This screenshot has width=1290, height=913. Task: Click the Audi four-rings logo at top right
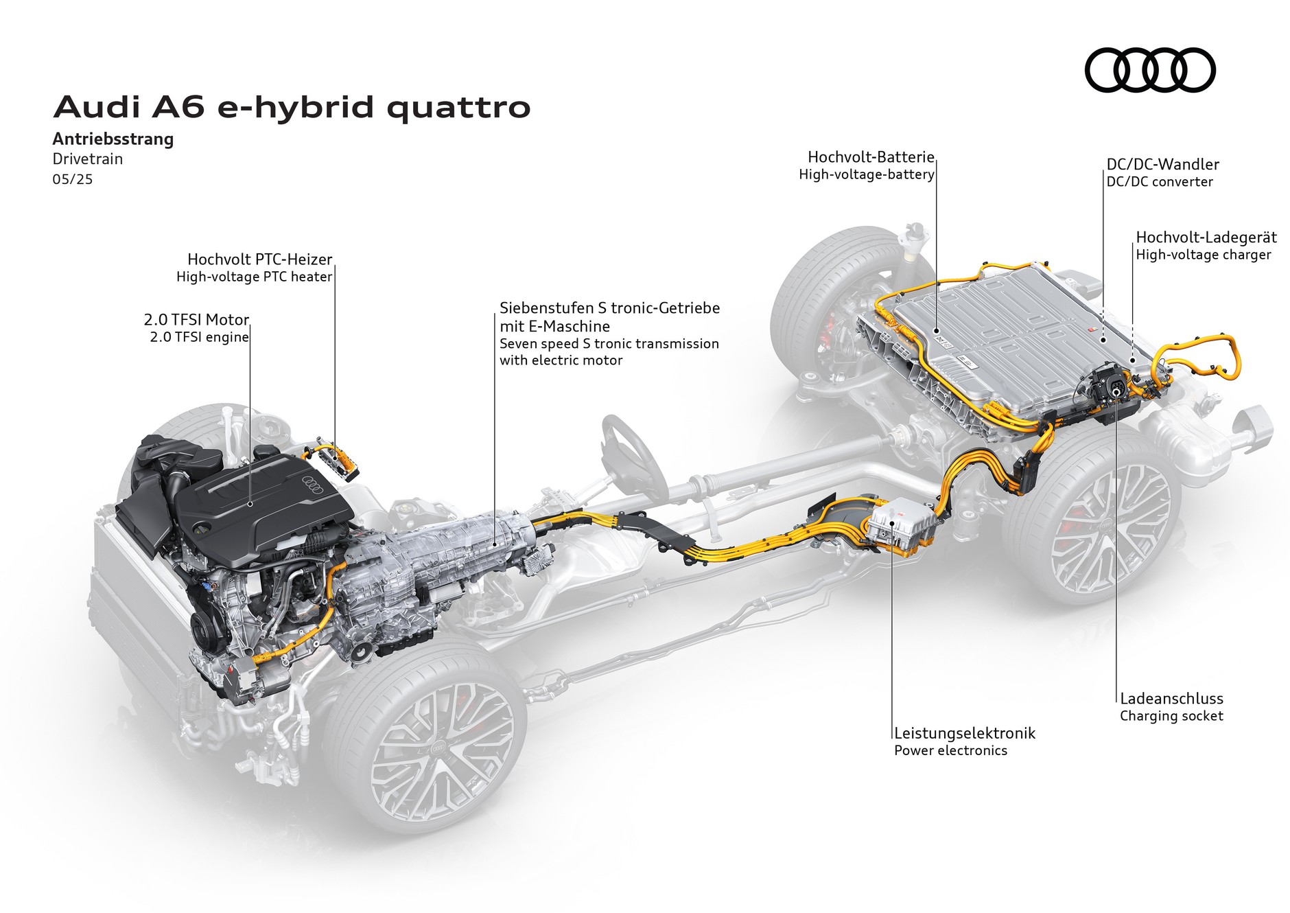tap(1149, 70)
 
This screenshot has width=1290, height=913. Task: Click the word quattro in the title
tap(458, 108)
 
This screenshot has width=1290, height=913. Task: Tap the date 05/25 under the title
tap(73, 180)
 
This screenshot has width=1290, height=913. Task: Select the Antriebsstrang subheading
tap(113, 139)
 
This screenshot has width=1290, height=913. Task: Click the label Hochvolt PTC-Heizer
tap(259, 259)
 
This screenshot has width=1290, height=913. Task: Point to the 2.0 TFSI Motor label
tap(196, 320)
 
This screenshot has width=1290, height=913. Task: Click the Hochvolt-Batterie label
tap(871, 157)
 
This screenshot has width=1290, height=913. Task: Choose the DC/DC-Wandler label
tap(1162, 165)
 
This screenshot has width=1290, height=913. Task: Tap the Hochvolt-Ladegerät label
tap(1206, 238)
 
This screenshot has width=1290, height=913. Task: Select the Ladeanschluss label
tap(1171, 699)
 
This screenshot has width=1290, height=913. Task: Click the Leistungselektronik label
tap(964, 733)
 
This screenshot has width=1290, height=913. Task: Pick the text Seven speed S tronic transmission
tap(609, 344)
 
